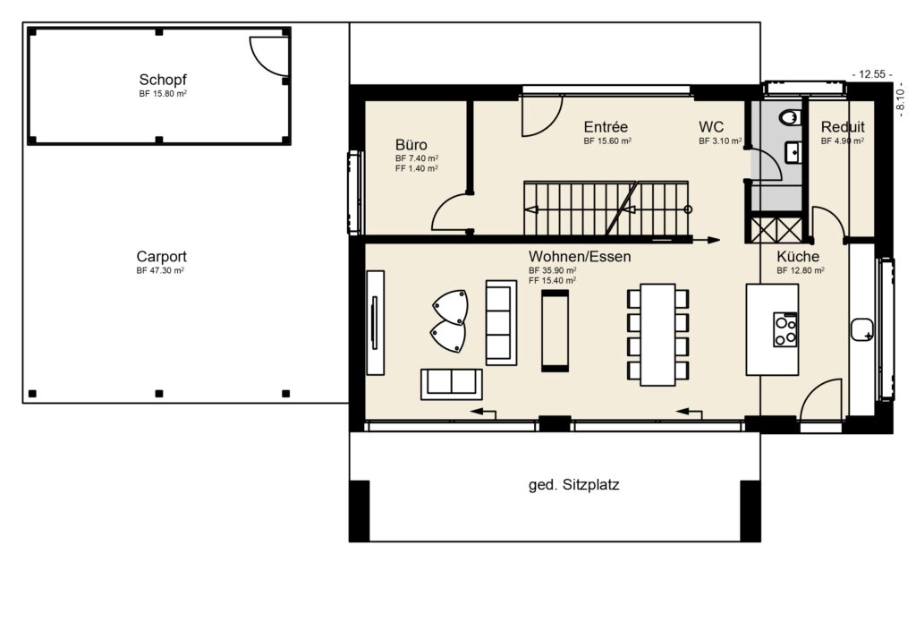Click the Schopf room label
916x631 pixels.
[x=162, y=79]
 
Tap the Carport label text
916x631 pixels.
[x=162, y=256]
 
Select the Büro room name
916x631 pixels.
[x=411, y=144]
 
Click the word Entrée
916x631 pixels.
[x=606, y=127]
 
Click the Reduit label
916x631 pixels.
[x=842, y=127]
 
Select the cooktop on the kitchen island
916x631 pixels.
[x=785, y=329]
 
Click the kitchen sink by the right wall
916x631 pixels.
[x=863, y=330]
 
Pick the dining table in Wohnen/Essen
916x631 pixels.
[x=657, y=334]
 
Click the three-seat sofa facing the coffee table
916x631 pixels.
[x=501, y=322]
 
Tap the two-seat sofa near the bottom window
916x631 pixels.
[x=451, y=383]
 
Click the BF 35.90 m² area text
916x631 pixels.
[x=552, y=270]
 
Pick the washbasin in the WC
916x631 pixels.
[x=793, y=153]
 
